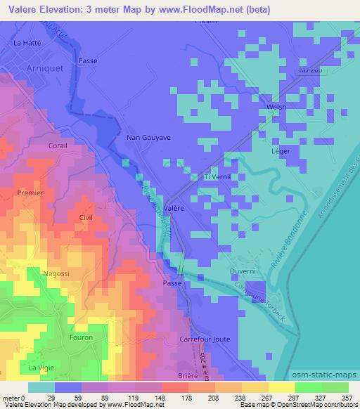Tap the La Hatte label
tap(26, 43)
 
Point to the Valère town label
tap(174, 208)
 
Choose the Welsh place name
tap(275, 107)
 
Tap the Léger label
tap(281, 151)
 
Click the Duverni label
tap(240, 271)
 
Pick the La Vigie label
tap(41, 368)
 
